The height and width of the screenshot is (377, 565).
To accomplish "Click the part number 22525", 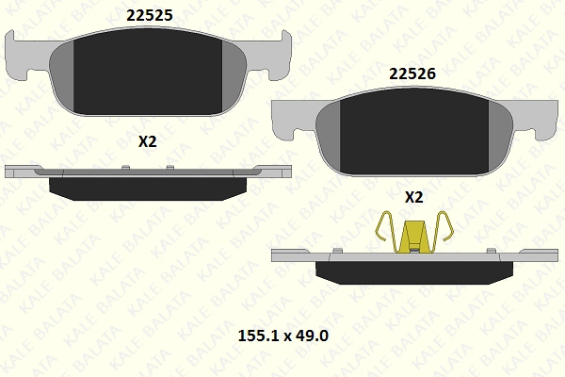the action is pyautogui.click(x=150, y=15).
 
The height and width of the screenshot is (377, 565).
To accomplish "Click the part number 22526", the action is pyautogui.click(x=412, y=74).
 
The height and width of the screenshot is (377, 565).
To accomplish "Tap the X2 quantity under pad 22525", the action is pyautogui.click(x=148, y=141).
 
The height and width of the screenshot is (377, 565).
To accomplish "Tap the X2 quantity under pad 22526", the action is pyautogui.click(x=414, y=197).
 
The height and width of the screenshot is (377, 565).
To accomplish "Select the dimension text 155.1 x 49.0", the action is pyautogui.click(x=283, y=336).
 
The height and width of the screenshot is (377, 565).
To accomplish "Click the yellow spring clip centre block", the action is pyautogui.click(x=414, y=237).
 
